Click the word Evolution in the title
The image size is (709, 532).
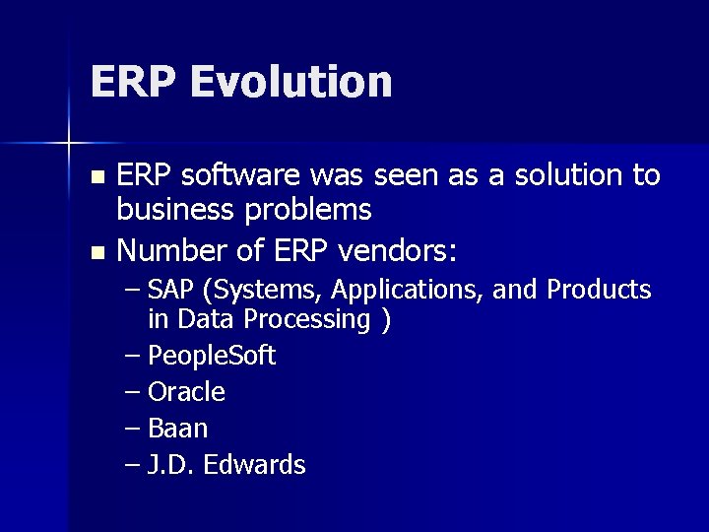click(292, 82)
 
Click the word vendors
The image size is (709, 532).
click(397, 252)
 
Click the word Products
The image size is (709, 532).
click(599, 291)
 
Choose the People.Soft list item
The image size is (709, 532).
click(211, 356)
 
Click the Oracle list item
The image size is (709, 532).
click(186, 392)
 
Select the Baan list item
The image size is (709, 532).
click(177, 429)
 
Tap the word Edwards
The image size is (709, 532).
click(257, 465)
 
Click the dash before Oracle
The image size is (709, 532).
click(135, 392)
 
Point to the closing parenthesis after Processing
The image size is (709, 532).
click(386, 319)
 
